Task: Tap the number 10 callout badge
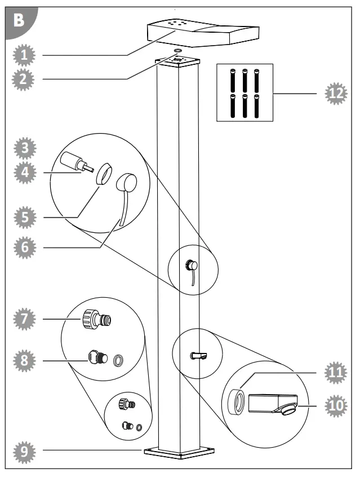(337, 405)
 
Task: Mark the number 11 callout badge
(337, 373)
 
